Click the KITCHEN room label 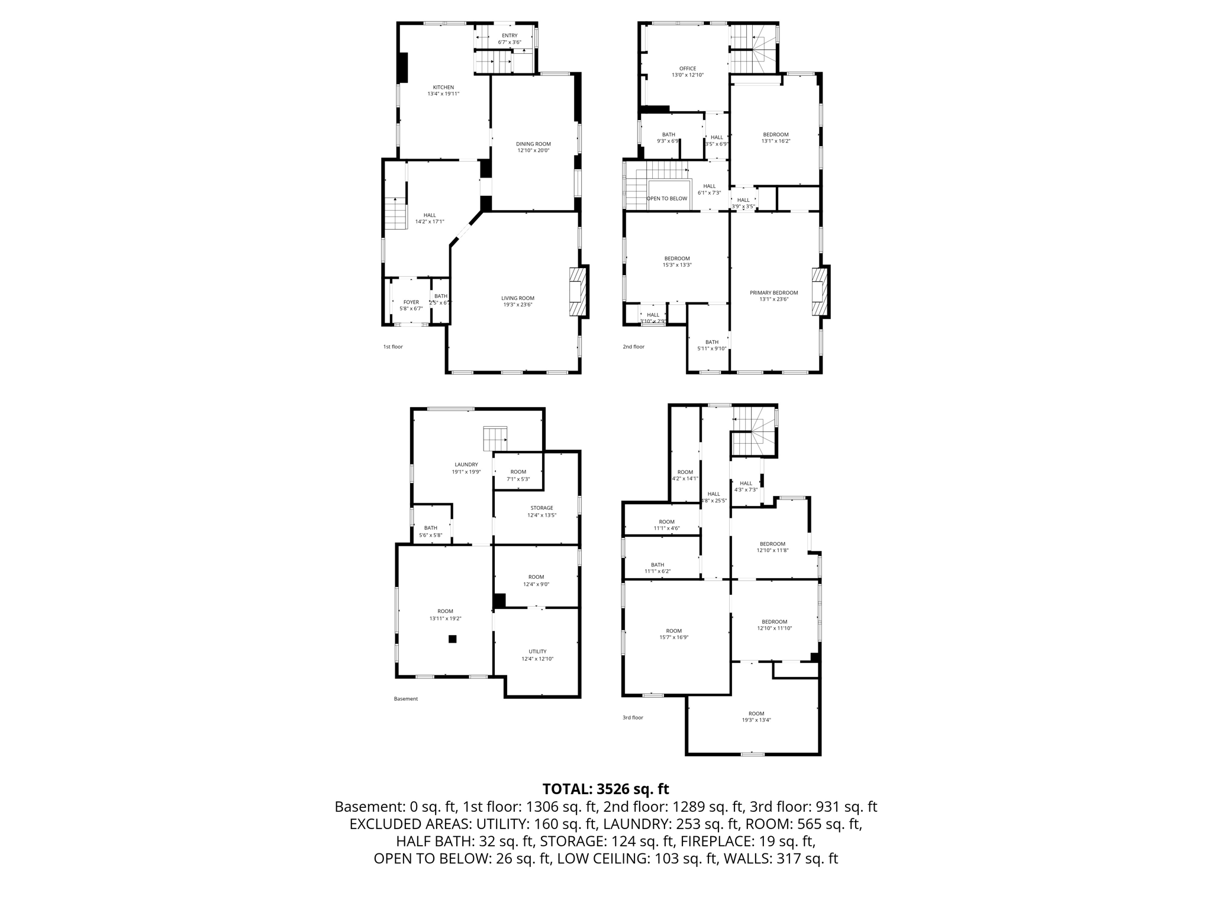click(443, 88)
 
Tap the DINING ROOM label click(533, 144)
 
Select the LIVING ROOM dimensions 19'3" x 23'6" click(518, 305)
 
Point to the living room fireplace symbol click(578, 292)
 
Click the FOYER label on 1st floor click(411, 302)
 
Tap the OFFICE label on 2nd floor click(688, 69)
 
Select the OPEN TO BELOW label click(667, 198)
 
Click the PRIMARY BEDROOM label click(773, 292)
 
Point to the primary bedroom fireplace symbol click(820, 292)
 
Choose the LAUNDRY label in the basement click(466, 465)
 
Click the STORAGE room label click(541, 508)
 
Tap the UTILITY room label click(537, 652)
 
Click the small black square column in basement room click(453, 639)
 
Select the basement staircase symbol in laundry click(495, 439)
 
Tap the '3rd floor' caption click(633, 717)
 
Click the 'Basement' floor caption click(406, 699)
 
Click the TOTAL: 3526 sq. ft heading click(605, 789)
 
